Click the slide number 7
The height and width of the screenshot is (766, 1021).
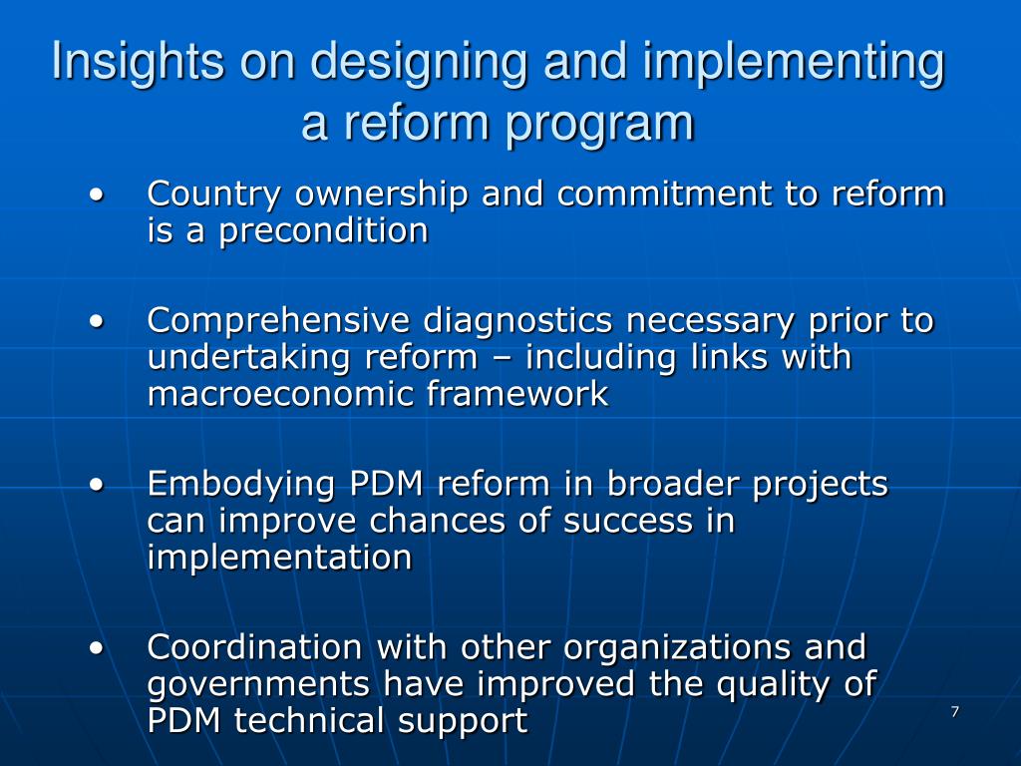pos(955,711)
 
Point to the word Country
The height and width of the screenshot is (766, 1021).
pos(213,193)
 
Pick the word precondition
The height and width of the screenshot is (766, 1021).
pos(324,231)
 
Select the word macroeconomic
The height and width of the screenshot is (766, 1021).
pos(281,395)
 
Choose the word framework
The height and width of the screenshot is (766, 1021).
pos(517,395)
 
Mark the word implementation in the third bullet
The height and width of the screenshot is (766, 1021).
pos(279,559)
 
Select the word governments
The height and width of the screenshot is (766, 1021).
pos(260,685)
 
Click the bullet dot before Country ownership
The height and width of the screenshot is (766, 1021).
pos(97,193)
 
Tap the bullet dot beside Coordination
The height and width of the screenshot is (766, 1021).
pos(97,648)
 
